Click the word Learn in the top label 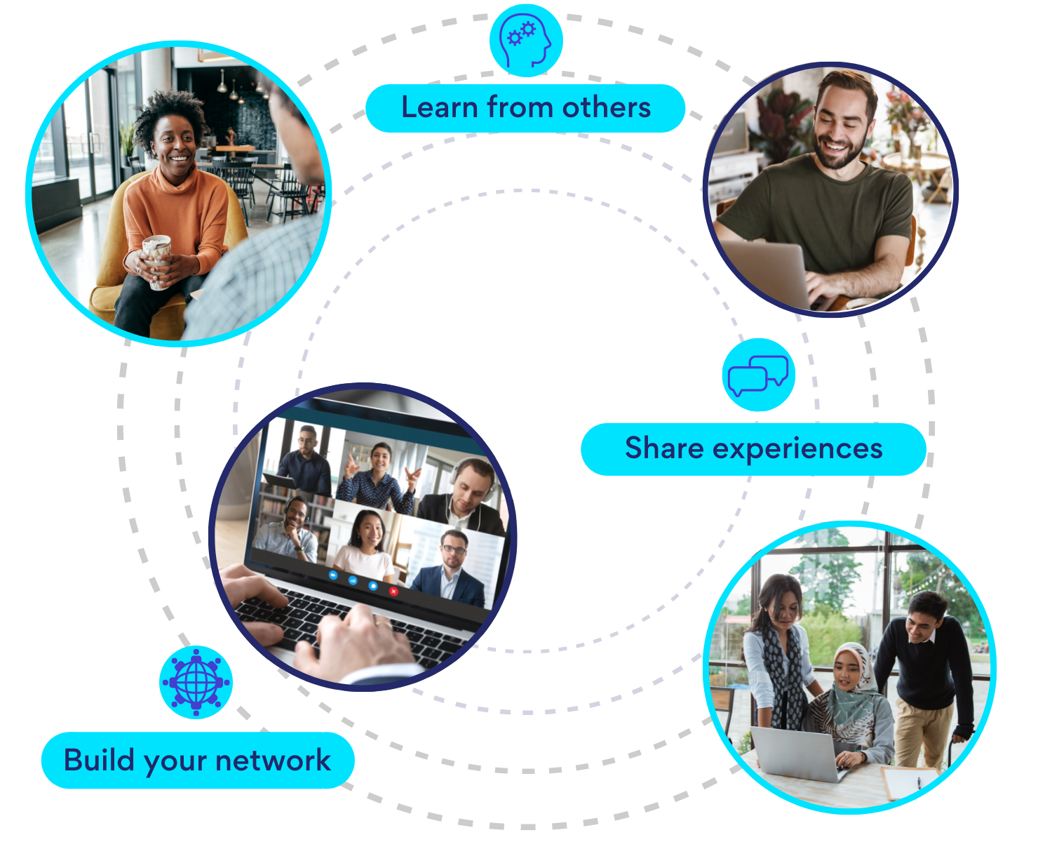click(439, 107)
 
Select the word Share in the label click(663, 448)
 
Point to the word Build click(98, 760)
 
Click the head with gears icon click(526, 40)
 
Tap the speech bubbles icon click(757, 374)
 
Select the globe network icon click(196, 681)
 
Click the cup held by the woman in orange click(156, 260)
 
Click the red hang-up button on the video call click(393, 592)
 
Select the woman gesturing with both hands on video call click(379, 477)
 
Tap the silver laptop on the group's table click(796, 754)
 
